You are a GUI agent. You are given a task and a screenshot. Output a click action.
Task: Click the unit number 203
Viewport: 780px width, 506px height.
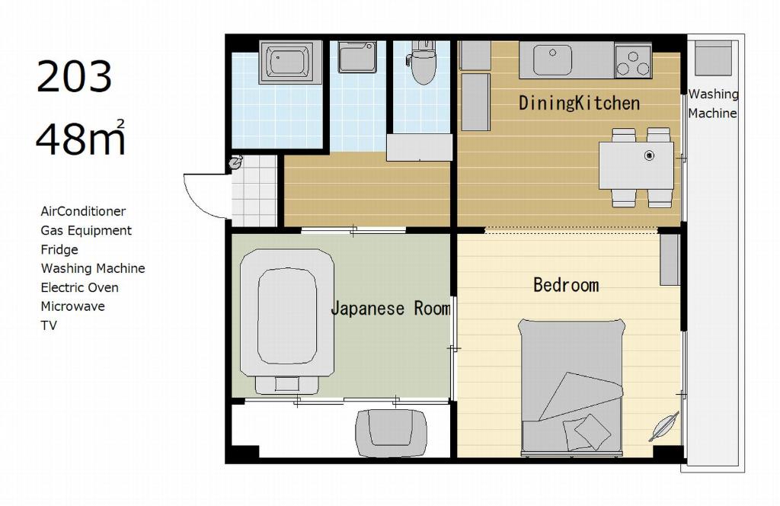tap(74, 76)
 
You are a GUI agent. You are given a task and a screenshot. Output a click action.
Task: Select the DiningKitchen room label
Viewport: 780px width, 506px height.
tap(579, 103)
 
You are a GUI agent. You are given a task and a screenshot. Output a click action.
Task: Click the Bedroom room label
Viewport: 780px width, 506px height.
tap(566, 285)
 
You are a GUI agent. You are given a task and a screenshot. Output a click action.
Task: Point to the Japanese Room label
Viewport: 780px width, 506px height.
tap(391, 308)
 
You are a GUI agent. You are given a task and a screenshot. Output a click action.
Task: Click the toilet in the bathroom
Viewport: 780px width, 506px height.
tap(423, 62)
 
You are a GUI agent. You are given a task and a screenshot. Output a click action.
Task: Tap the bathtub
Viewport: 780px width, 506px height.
tap(287, 62)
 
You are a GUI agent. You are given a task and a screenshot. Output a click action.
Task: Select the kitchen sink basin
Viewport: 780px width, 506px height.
tap(552, 60)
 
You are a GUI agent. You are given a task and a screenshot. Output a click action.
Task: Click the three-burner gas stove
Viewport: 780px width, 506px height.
tap(633, 61)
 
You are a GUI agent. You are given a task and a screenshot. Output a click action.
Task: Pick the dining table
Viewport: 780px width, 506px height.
tap(636, 165)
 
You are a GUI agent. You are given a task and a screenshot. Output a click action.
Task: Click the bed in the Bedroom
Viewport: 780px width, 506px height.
tap(571, 388)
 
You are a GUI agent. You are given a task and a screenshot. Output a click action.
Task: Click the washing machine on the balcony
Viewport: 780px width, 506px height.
tap(713, 58)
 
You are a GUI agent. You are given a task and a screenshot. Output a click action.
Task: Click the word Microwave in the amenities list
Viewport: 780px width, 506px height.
tap(72, 306)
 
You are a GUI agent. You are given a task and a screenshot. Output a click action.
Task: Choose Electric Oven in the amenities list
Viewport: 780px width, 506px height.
tap(79, 287)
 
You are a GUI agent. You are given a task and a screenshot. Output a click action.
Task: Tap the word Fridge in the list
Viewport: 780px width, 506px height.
tap(59, 250)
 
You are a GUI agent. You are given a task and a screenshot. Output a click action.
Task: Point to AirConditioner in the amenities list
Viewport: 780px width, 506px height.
tap(83, 211)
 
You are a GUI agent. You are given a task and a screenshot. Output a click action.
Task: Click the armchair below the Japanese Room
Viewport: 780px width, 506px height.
tap(392, 432)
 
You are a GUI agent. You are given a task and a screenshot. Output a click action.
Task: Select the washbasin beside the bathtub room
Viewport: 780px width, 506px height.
tap(356, 56)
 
